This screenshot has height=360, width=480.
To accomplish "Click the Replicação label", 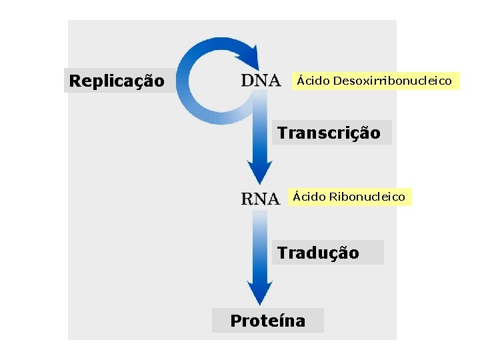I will click(117, 81).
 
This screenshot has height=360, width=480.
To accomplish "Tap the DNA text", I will click(261, 81).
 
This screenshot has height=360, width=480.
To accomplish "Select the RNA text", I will click(260, 198).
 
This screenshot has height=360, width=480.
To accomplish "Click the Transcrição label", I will click(329, 133).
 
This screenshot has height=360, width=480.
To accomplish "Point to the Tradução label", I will click(318, 253).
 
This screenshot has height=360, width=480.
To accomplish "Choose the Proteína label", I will click(267, 321).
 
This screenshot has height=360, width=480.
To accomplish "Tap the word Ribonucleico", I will click(367, 197).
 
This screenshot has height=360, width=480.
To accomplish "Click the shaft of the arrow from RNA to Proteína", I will click(260, 247).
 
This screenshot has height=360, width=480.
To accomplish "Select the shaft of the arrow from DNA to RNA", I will click(260, 133).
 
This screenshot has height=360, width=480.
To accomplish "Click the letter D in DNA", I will click(247, 81).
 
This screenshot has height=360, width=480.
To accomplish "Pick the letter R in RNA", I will click(247, 198).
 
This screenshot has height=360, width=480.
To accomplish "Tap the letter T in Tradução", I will click(283, 253).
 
